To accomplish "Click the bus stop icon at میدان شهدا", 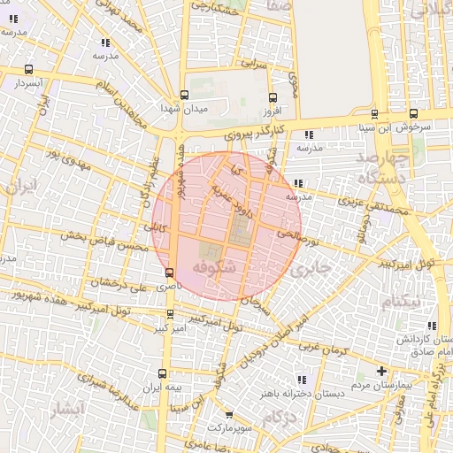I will coord(184,95).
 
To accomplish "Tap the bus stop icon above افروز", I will coord(272,98).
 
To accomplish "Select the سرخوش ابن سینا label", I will coord(418,127).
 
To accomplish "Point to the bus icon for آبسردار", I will coord(29,69).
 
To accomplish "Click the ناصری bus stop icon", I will coord(169,273).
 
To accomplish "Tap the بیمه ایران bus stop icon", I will coord(161,373).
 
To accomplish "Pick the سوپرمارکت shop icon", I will coord(230,414).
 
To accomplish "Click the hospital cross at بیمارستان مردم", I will coord(381,371).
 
